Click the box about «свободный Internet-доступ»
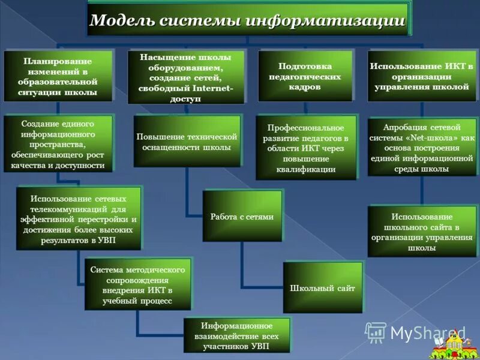pyautogui.click(x=188, y=77)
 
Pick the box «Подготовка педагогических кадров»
pyautogui.click(x=305, y=76)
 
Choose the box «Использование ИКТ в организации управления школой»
pyautogui.click(x=421, y=76)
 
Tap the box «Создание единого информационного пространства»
pyautogui.click(x=58, y=144)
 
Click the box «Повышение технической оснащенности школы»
pyautogui.click(x=187, y=142)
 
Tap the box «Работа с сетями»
pyautogui.click(x=242, y=216)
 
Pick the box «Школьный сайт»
pyautogui.click(x=322, y=288)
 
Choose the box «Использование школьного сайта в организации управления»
pyautogui.click(x=421, y=232)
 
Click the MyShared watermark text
pyautogui.click(x=427, y=332)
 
